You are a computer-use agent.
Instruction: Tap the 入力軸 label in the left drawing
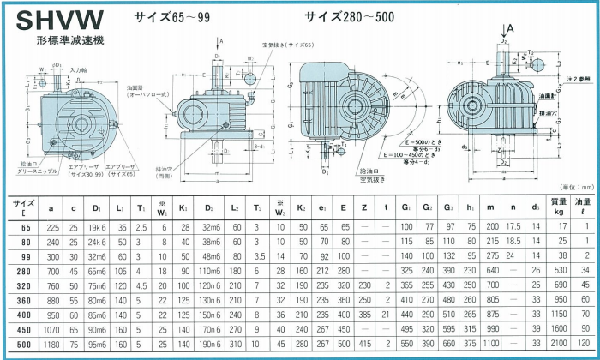tap(79, 70)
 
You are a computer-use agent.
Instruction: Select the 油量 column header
tap(585, 206)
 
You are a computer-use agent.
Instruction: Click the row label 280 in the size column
tap(24, 271)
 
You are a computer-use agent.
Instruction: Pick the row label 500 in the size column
tap(24, 344)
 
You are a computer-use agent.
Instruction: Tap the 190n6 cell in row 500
tap(211, 344)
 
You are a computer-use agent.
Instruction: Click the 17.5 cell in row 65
tap(513, 227)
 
